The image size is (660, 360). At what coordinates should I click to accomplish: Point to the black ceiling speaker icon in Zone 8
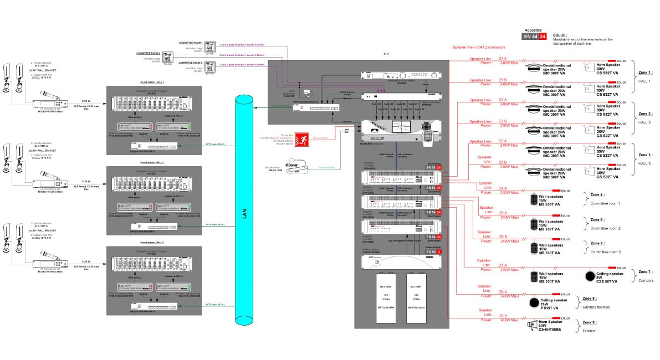click(533, 303)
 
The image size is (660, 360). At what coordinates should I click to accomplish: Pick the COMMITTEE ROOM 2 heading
click(149, 53)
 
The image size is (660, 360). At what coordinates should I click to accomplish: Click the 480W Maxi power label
click(509, 320)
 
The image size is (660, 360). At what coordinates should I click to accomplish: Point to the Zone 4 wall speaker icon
click(534, 199)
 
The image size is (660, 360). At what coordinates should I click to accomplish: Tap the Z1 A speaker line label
click(503, 58)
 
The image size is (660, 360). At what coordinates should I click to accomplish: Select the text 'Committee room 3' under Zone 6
click(605, 252)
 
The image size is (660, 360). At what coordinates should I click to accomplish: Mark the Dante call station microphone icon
click(292, 166)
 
